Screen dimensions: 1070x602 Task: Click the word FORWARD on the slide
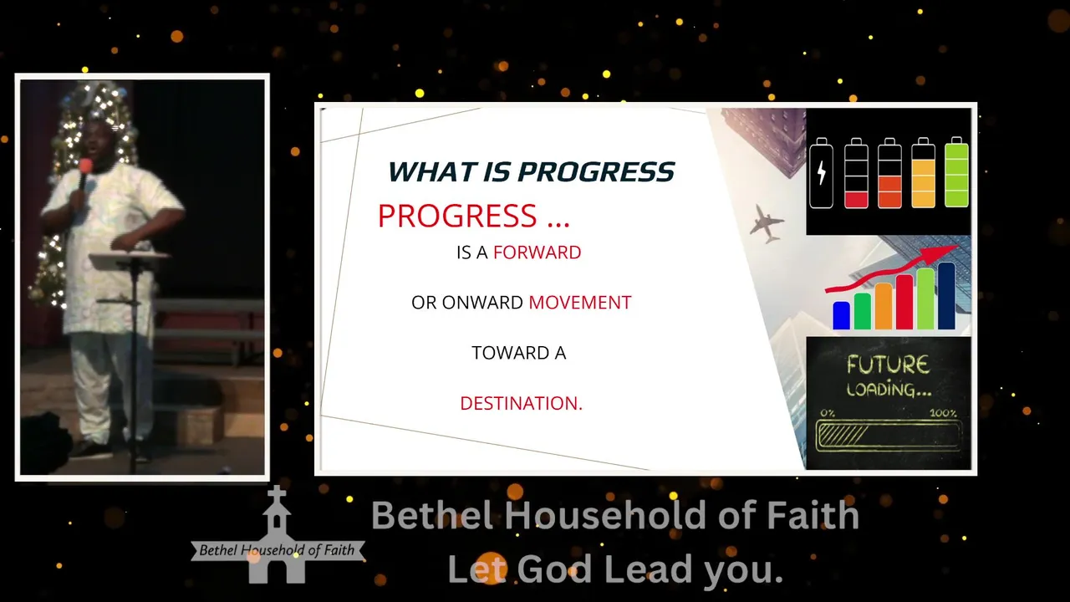537,253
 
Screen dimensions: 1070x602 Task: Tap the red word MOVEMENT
580,303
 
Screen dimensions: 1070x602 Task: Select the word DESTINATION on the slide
521,403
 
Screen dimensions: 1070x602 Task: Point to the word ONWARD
483,303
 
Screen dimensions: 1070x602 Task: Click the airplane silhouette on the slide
767,223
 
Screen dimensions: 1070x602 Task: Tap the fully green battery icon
957,172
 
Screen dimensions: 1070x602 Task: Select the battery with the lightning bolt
821,173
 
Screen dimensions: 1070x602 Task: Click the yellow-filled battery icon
924,172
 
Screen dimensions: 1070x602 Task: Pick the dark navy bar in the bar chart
946,296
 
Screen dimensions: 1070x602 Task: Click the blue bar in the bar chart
841,315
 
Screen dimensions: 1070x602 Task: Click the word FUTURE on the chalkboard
889,365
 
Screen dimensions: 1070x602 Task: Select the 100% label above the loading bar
943,413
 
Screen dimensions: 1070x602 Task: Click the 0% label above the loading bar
828,413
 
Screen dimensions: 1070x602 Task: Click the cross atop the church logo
277,495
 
